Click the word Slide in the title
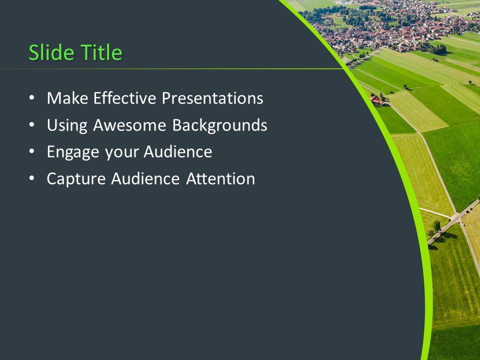(x=48, y=52)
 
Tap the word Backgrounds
(x=219, y=125)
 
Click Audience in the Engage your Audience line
(x=178, y=152)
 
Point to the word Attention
(x=220, y=179)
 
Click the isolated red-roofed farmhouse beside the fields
(x=378, y=101)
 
